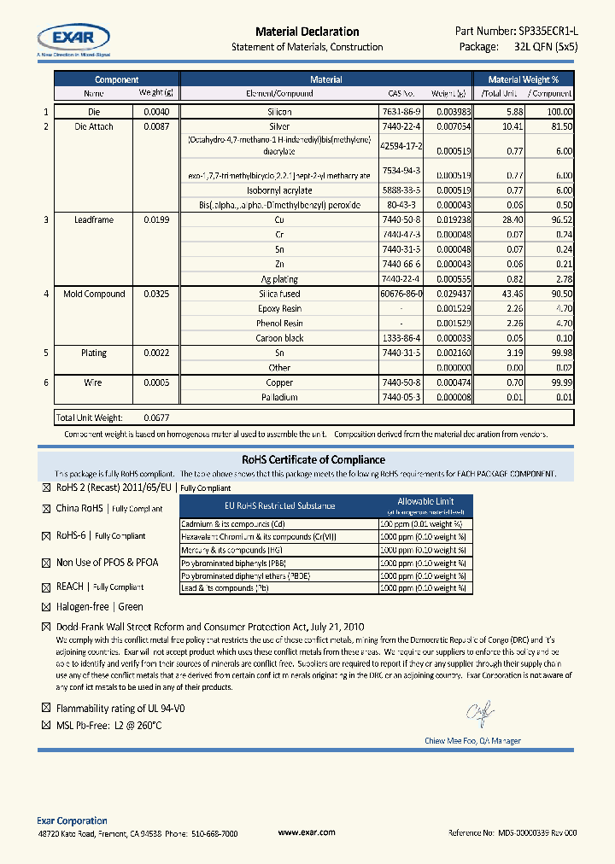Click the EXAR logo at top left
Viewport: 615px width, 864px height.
(x=73, y=38)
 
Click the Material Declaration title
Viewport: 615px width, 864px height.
(x=307, y=32)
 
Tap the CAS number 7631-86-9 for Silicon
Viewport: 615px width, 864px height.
(x=401, y=112)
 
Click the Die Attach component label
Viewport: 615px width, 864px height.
(x=94, y=126)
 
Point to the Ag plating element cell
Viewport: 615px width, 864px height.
(x=280, y=279)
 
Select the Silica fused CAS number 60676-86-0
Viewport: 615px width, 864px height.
(x=401, y=294)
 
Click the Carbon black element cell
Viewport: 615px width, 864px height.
(x=280, y=338)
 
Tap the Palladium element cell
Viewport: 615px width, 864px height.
(x=280, y=397)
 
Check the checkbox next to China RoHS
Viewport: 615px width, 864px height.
(x=46, y=509)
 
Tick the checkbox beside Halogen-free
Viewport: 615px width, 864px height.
(x=46, y=607)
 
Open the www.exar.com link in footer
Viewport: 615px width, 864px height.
(x=307, y=832)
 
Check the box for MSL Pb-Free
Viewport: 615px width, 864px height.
(x=46, y=725)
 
